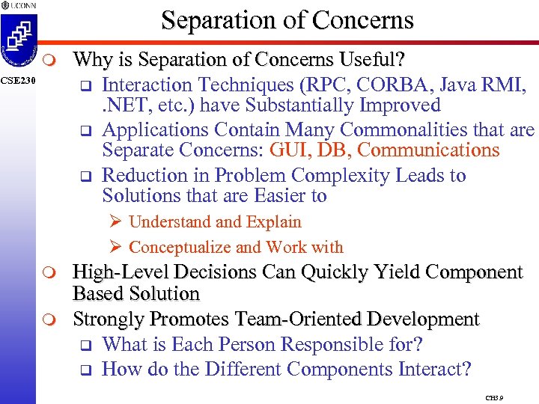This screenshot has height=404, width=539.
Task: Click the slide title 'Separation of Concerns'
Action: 287,20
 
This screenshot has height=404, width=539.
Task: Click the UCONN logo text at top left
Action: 22,5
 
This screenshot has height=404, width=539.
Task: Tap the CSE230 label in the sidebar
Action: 16,80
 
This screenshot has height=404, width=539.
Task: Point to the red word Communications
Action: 428,150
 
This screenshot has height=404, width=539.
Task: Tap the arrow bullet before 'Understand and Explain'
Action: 115,222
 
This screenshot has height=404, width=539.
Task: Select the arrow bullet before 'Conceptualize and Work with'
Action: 115,248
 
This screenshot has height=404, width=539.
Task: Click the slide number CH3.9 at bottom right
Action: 494,399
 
